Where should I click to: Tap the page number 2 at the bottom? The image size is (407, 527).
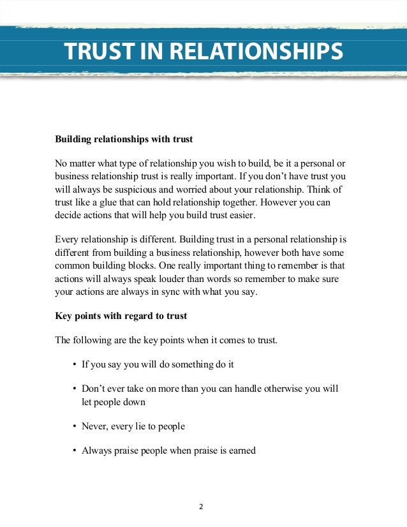200,507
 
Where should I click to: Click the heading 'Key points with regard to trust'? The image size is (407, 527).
121,316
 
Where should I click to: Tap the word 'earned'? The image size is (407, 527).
240,450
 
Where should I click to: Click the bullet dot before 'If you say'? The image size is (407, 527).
75,364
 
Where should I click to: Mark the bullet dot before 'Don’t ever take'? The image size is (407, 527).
75,389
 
